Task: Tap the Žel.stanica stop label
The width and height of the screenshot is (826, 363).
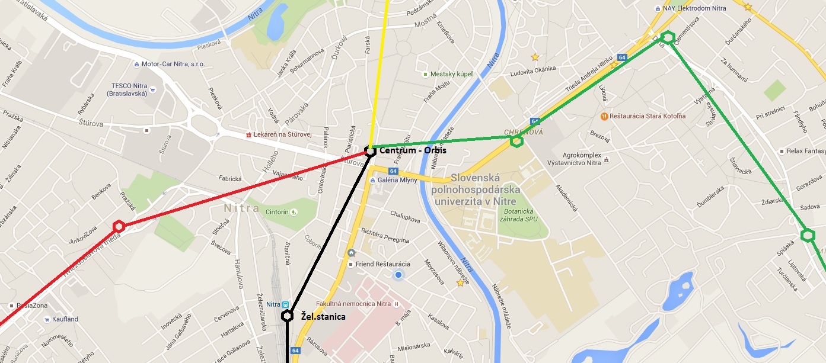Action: coord(323,317)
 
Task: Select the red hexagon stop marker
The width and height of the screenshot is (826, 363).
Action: coord(119,226)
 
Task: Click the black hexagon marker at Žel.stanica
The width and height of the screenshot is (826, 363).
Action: coord(287,316)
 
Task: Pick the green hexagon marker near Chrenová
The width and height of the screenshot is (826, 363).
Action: coord(516,141)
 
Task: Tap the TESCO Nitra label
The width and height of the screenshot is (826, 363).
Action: coord(127,89)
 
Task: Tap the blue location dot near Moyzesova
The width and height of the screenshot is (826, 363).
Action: coord(398,275)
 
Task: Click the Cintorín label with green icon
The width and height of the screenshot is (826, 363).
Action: coord(278,211)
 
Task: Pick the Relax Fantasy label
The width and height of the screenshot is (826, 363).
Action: coord(806,151)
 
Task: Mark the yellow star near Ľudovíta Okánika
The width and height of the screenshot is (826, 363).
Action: coord(535,57)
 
